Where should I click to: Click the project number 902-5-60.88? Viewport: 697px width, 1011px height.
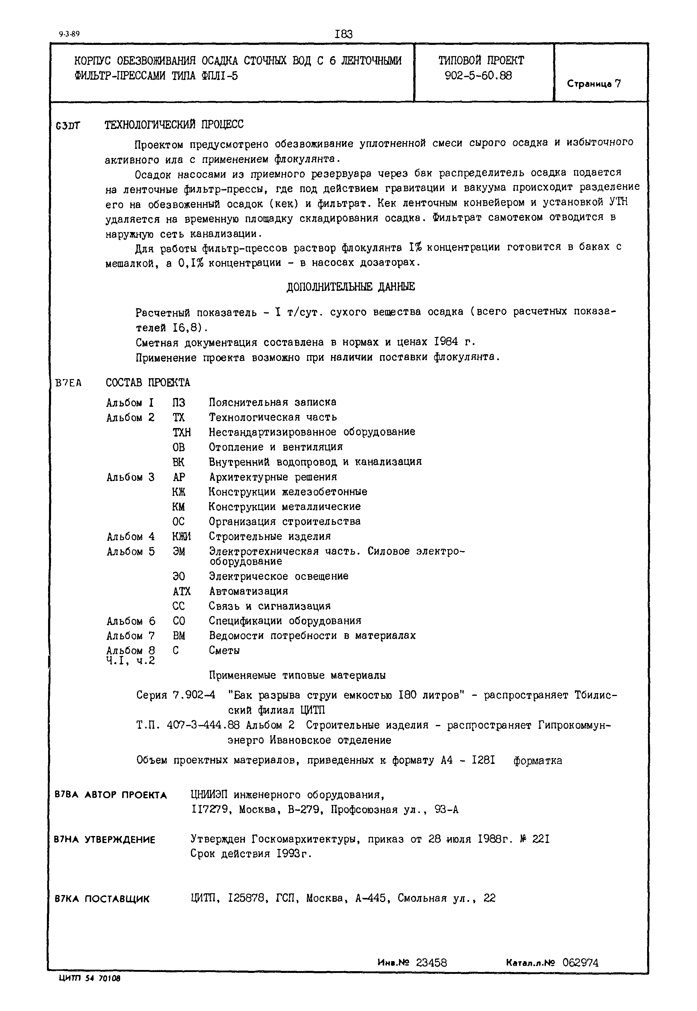pyautogui.click(x=478, y=76)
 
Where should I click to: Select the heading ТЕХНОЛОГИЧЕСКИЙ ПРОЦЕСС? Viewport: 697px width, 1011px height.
pyautogui.click(x=174, y=125)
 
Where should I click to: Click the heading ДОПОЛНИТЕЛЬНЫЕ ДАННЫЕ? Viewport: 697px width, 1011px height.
pyautogui.click(x=351, y=287)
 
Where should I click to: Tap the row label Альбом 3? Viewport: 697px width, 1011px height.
pyautogui.click(x=130, y=477)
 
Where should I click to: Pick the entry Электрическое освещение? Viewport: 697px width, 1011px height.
pyautogui.click(x=278, y=576)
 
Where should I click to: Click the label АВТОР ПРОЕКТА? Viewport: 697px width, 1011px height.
pyautogui.click(x=125, y=795)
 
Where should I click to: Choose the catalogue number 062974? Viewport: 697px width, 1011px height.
pyautogui.click(x=580, y=963)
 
